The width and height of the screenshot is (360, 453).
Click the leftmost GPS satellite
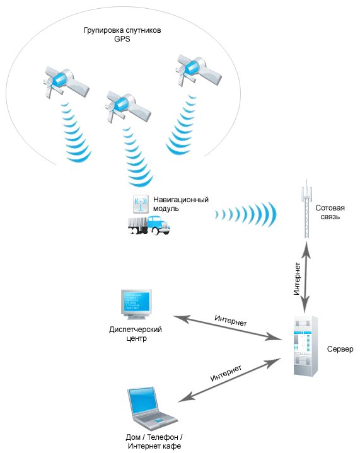65,83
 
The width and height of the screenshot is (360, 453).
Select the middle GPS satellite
127,106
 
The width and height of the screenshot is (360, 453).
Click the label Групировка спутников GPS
122,35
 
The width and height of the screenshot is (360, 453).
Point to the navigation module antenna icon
141,204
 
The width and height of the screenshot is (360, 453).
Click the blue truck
149,225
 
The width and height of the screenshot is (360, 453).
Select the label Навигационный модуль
181,204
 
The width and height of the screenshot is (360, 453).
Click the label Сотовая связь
330,212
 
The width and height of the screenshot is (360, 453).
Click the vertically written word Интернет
297,278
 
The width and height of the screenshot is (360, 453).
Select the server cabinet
306,346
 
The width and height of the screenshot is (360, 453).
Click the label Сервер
340,349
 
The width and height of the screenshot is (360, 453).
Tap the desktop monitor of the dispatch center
136,304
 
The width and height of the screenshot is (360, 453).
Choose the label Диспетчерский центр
136,334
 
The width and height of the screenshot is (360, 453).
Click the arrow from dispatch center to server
228,328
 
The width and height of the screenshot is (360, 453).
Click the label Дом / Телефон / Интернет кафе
154,442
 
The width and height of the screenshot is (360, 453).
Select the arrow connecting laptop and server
229,380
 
